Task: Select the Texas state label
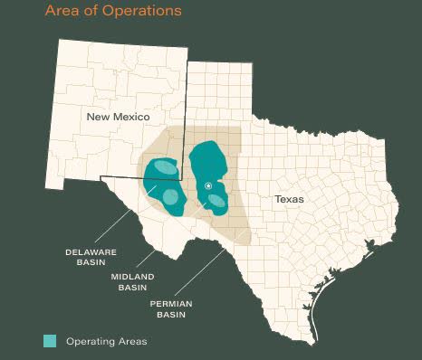(x=289, y=198)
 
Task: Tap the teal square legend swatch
(x=51, y=341)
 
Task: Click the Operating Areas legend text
(x=106, y=341)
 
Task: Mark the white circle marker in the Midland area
(x=208, y=185)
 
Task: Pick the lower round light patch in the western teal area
(x=169, y=197)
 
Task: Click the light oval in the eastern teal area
(x=216, y=201)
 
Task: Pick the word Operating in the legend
(x=92, y=341)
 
